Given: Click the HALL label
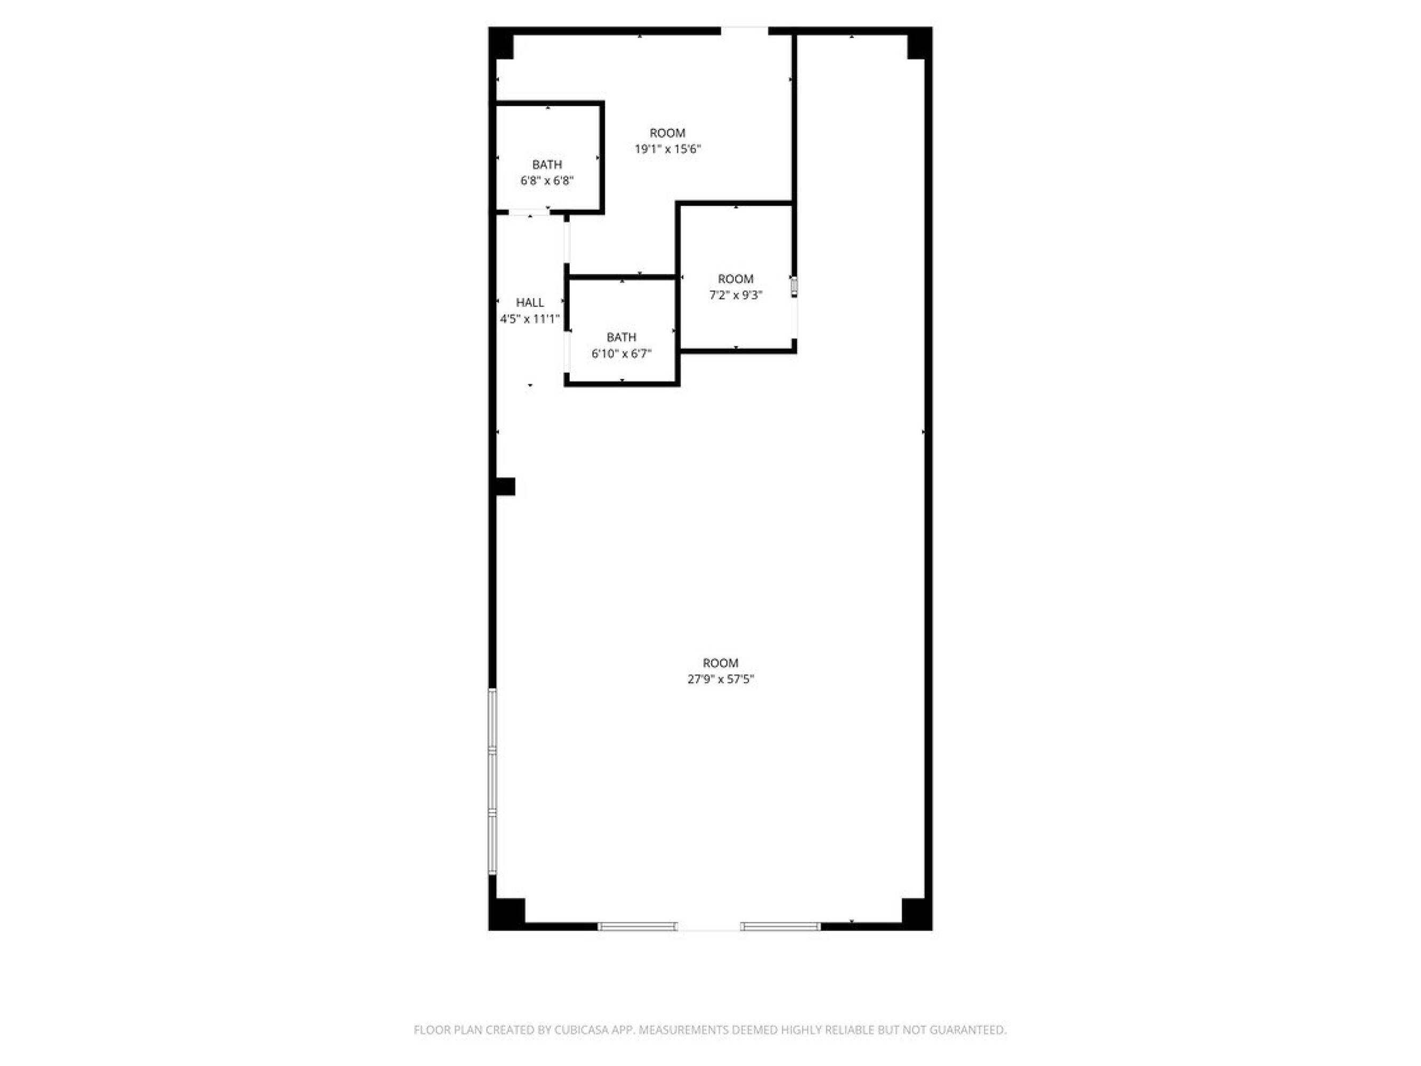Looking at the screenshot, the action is pyautogui.click(x=530, y=302).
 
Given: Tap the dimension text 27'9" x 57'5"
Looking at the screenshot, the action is pyautogui.click(x=720, y=679).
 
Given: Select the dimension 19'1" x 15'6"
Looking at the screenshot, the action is pyautogui.click(x=667, y=149).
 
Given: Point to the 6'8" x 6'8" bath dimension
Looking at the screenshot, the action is pyautogui.click(x=547, y=181).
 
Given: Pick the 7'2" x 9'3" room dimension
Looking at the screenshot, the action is pyautogui.click(x=736, y=295).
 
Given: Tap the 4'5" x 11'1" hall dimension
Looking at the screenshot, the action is pyautogui.click(x=530, y=319).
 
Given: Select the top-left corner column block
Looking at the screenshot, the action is pyautogui.click(x=502, y=43).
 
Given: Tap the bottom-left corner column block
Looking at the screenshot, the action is pyautogui.click(x=507, y=913).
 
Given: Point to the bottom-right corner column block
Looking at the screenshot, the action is pyautogui.click(x=917, y=913).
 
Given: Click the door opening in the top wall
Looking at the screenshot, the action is pyautogui.click(x=744, y=30).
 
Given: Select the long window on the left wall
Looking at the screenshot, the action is pyautogui.click(x=492, y=781).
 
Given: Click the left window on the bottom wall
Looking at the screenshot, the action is pyautogui.click(x=637, y=926).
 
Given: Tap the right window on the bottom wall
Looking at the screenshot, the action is pyautogui.click(x=780, y=926).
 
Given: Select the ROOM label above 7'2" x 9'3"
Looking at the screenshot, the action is pyautogui.click(x=736, y=279).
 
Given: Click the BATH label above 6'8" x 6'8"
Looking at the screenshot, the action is pyautogui.click(x=547, y=165).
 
